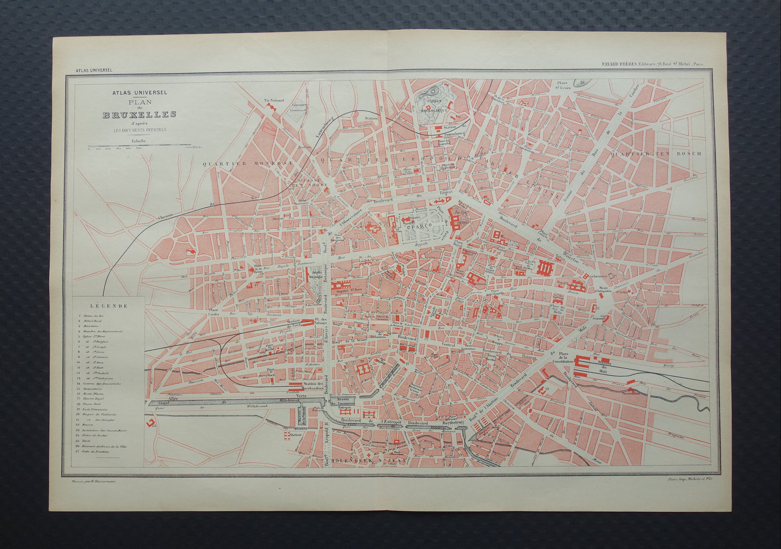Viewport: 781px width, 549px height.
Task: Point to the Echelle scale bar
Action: pos(139,145)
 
